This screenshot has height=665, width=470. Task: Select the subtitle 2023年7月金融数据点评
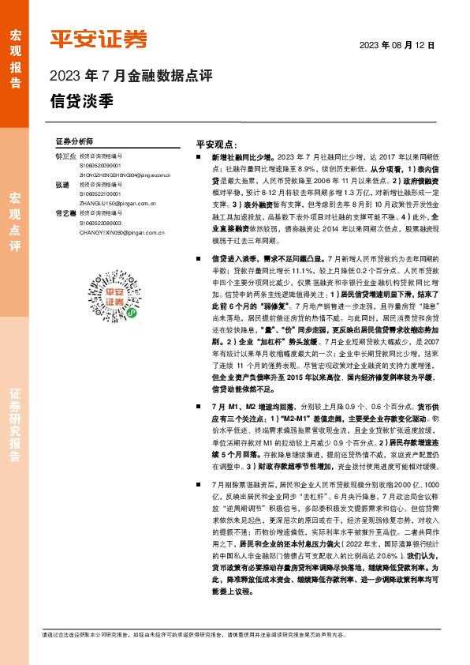(131, 77)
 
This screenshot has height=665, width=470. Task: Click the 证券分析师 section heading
(74, 140)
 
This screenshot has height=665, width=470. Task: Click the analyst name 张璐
(63, 184)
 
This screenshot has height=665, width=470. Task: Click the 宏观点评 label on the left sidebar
(15, 222)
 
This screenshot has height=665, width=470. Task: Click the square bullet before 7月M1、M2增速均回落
(202, 405)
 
